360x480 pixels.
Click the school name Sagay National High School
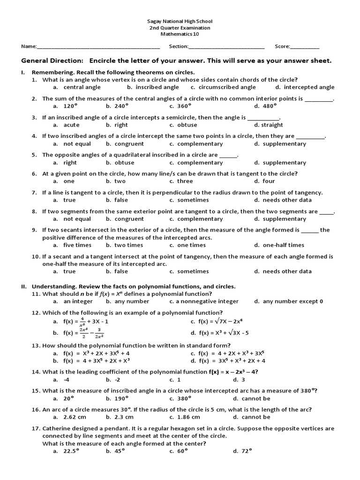click(x=180, y=21)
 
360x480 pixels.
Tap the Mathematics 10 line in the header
click(x=180, y=34)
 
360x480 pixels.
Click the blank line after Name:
click(x=98, y=47)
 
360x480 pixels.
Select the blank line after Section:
click(x=226, y=47)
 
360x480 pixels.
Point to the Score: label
click(x=282, y=46)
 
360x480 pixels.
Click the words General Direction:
click(x=52, y=61)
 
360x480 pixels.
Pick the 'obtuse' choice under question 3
click(x=187, y=125)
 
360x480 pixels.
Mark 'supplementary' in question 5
click(x=284, y=163)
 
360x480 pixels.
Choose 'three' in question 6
click(x=185, y=181)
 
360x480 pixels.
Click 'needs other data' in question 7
click(x=287, y=200)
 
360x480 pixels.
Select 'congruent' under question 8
click(x=129, y=219)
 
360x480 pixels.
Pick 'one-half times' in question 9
click(x=283, y=245)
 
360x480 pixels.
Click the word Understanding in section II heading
click(x=54, y=286)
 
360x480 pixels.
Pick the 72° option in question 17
click(x=247, y=451)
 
